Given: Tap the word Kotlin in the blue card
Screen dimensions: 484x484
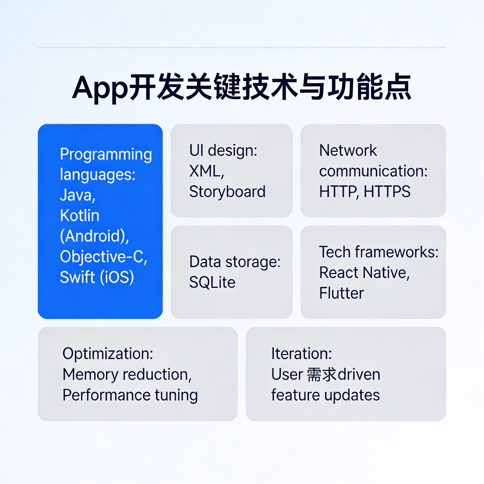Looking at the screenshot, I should [x=80, y=216].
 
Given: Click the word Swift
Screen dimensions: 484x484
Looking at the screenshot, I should [x=77, y=277].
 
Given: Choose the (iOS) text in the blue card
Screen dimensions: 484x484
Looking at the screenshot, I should [x=117, y=277].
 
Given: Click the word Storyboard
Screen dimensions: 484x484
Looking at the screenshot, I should [x=227, y=192].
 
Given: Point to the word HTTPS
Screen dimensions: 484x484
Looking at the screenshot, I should [x=387, y=192].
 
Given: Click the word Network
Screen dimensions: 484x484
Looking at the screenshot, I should [x=348, y=150].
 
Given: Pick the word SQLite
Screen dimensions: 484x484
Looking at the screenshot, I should [x=212, y=282].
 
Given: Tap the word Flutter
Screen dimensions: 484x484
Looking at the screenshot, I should [x=341, y=293].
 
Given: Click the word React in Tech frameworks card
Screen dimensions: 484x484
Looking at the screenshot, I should [x=339, y=272].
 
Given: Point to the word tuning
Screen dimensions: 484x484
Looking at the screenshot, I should [x=176, y=395].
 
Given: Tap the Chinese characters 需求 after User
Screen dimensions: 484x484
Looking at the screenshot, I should [x=322, y=374].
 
